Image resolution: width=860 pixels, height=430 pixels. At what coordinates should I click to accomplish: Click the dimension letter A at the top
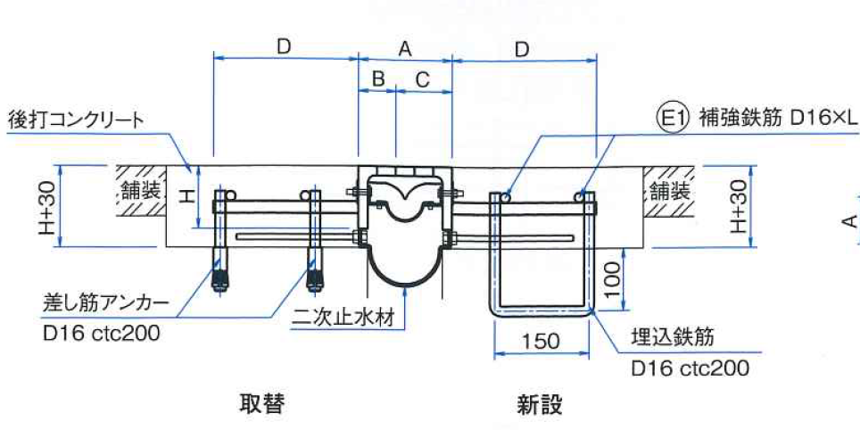tap(404, 50)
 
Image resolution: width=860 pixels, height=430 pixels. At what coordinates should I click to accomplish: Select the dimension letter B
tap(377, 79)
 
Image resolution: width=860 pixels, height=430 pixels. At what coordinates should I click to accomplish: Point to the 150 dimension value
tap(541, 340)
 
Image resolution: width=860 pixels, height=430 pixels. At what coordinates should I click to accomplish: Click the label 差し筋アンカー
tap(105, 302)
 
